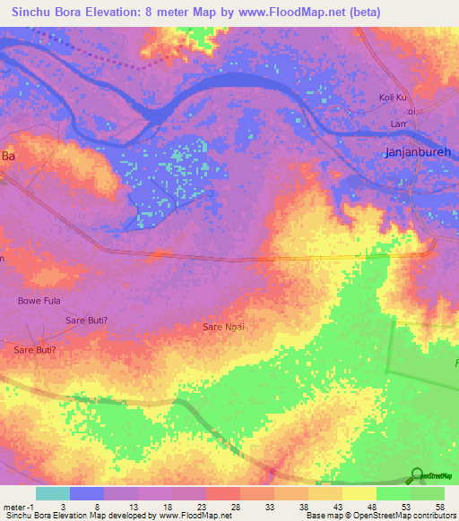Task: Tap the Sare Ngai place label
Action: tap(223, 327)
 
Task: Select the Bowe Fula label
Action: tap(39, 301)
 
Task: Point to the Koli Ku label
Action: tap(394, 97)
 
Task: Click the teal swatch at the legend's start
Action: tap(52, 493)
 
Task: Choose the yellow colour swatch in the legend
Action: tap(359, 493)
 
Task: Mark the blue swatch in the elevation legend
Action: tap(86, 493)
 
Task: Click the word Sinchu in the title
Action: tap(28, 13)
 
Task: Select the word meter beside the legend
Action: tap(13, 506)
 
